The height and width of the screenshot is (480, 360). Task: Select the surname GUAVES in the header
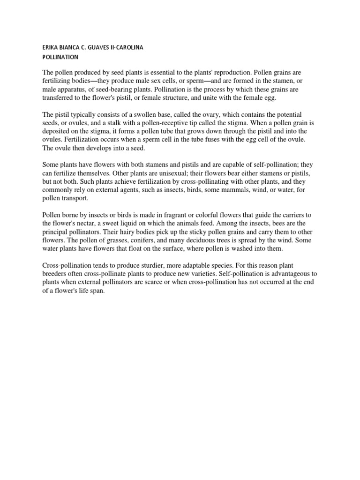(x=104, y=47)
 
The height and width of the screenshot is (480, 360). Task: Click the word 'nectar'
(x=99, y=224)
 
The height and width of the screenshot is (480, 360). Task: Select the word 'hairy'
(x=137, y=232)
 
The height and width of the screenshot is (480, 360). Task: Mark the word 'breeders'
(x=56, y=274)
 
